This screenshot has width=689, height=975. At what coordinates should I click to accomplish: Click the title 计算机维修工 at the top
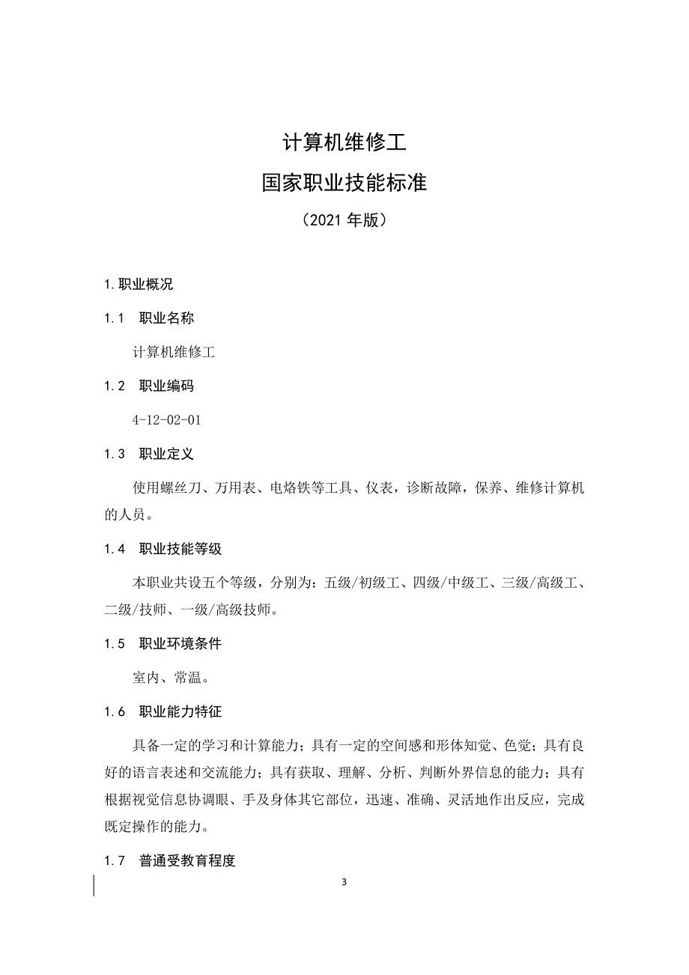[344, 142]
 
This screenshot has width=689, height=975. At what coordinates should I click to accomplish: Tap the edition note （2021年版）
[344, 221]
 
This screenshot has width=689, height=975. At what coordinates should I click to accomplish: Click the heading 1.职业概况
[139, 285]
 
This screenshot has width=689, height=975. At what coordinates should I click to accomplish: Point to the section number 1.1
[114, 318]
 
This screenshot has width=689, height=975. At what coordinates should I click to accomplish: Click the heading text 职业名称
[166, 318]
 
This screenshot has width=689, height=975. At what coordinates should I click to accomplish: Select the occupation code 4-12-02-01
[166, 420]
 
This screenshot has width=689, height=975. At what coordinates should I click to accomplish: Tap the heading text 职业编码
[166, 386]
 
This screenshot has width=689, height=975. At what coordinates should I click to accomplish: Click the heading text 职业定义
[166, 455]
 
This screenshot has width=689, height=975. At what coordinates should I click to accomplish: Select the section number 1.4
[114, 549]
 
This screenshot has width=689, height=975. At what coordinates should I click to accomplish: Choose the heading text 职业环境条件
[180, 644]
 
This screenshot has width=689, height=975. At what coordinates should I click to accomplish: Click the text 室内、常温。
[170, 678]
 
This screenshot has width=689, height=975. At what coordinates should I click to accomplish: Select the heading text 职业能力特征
[180, 712]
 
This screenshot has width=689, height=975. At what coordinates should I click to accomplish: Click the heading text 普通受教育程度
[187, 861]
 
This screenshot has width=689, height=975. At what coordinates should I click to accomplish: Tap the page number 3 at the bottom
[344, 881]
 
